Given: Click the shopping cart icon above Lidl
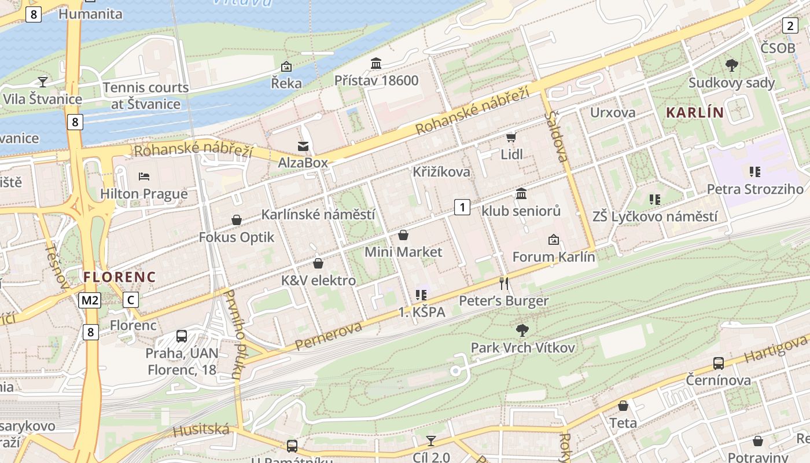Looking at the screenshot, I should coord(511,137).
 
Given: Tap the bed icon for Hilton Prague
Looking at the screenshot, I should coord(144,176).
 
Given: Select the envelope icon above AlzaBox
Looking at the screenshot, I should coord(303,146).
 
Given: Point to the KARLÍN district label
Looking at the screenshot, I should coord(695,112).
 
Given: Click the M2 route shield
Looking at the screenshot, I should coord(90,300).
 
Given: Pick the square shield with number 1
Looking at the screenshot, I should coord(462,207).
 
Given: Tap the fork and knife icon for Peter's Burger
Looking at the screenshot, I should coord(504,283).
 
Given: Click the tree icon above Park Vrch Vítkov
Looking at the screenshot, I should coord(522,330).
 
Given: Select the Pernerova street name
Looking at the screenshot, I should coord(328,336).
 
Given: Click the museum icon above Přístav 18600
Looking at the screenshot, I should coord(376,63).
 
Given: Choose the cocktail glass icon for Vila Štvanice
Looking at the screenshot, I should coord(42,82).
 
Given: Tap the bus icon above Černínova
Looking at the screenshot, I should coord(718,363).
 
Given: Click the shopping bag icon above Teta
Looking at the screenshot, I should coord(623,406).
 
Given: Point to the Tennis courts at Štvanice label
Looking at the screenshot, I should coord(146,96).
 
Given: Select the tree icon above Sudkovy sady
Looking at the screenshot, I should coord(731,65).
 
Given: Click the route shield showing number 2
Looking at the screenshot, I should coord(790,25).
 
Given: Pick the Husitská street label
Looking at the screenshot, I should coord(201,431).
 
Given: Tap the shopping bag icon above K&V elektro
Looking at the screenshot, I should coord(318,264).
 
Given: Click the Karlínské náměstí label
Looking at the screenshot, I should coord(318,215).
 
